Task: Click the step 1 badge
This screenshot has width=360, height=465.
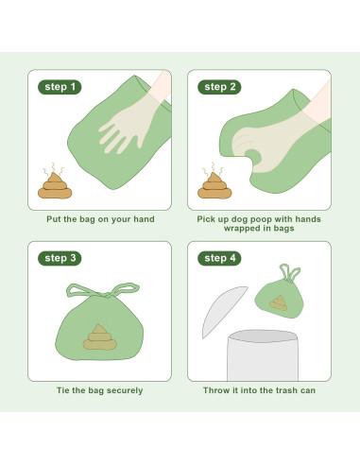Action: coord(60,87)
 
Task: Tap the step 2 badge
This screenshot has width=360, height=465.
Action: coord(219,87)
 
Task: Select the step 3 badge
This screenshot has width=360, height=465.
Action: coord(60,258)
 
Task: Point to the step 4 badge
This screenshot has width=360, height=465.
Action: coord(219,258)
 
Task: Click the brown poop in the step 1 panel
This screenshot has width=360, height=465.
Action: coord(55,186)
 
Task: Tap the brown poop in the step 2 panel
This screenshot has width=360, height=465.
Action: coord(214,186)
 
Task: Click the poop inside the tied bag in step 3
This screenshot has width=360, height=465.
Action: coord(100,337)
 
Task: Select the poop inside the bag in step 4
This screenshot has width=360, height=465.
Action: coord(279,302)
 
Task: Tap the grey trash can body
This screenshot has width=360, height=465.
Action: coord(263,355)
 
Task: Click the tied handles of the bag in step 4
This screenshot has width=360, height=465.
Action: coord(290,273)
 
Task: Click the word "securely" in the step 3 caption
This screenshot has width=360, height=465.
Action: coord(125,390)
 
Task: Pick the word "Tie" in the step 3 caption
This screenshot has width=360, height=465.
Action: coord(62,390)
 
